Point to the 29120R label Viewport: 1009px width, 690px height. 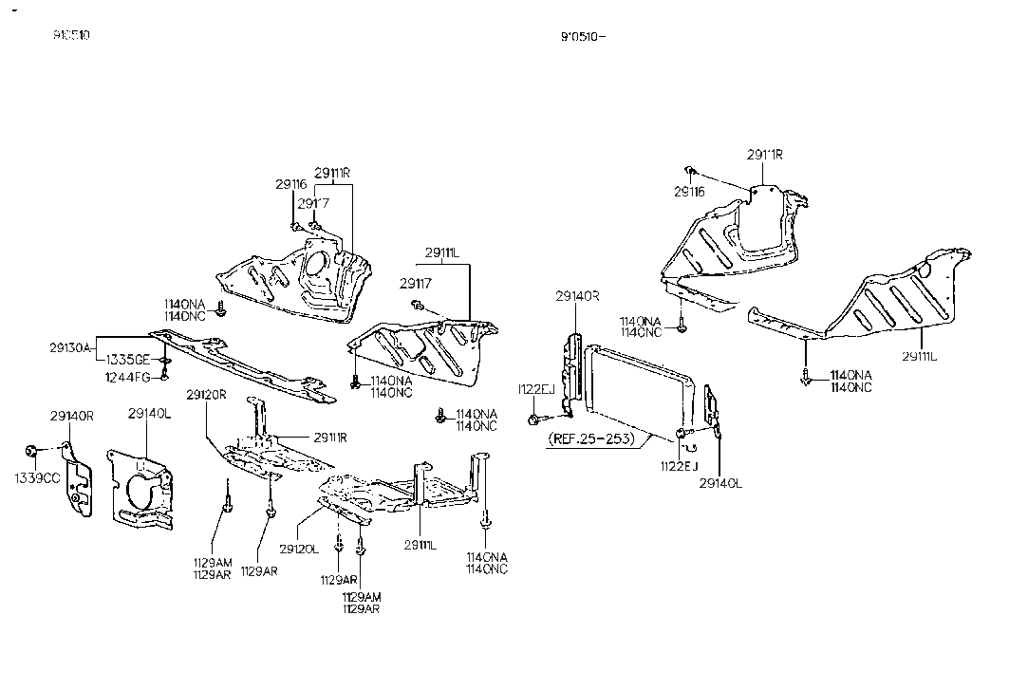point(206,395)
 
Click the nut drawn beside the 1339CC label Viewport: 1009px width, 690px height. point(32,449)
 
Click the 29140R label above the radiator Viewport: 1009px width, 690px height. point(578,296)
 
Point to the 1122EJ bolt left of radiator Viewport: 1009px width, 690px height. point(538,418)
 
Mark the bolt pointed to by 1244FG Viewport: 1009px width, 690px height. point(164,376)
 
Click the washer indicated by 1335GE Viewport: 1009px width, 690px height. point(166,362)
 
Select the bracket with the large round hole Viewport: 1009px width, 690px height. point(140,490)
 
